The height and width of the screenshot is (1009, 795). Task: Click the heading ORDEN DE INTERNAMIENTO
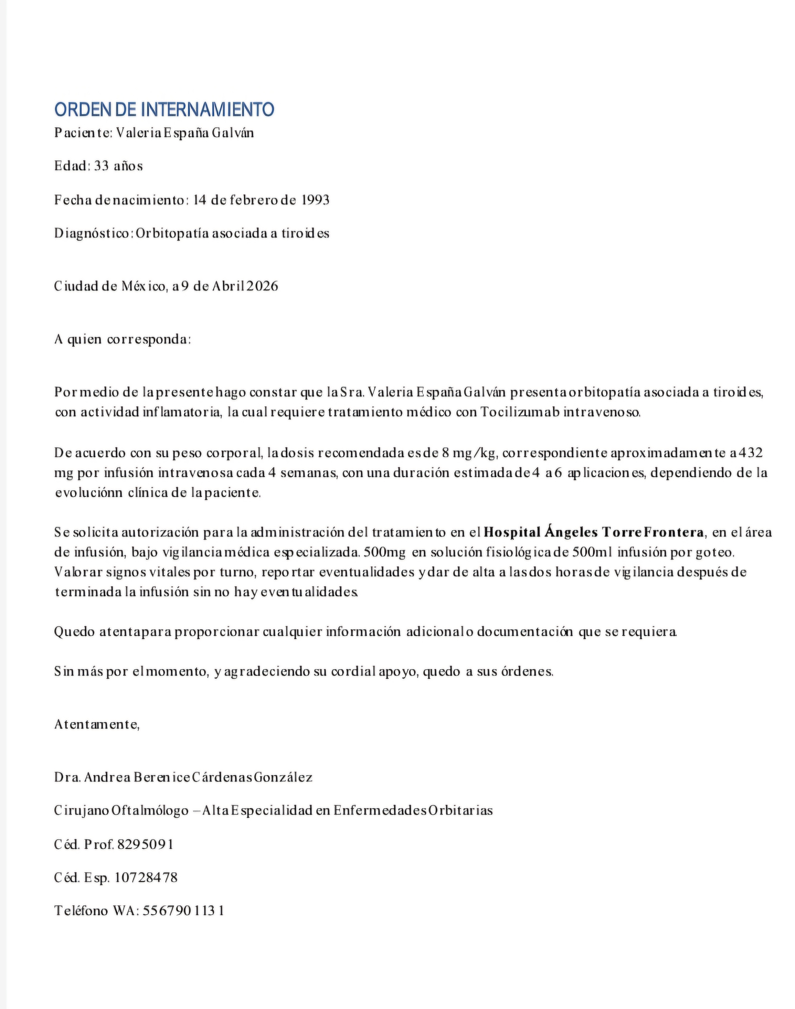164,109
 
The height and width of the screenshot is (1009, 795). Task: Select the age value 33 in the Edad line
102,166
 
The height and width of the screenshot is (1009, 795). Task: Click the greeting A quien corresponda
122,339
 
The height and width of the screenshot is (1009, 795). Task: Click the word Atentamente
97,725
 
